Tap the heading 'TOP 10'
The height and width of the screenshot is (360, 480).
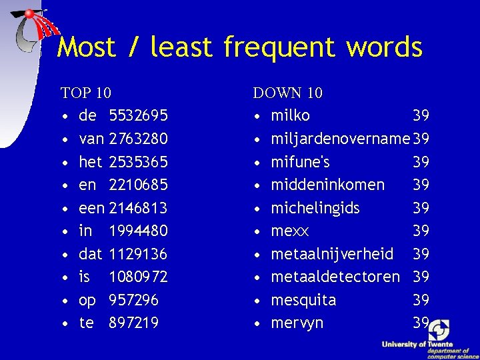[85, 93]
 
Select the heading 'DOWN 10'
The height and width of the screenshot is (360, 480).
[287, 93]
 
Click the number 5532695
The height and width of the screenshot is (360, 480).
[138, 116]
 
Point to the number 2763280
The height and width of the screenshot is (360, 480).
[138, 139]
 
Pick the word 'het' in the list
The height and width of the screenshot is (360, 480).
[90, 162]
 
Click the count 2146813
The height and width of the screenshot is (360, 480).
[138, 208]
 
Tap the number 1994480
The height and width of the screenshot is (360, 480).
[138, 231]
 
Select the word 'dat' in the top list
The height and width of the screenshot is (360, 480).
[90, 254]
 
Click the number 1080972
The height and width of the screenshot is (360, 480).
[138, 277]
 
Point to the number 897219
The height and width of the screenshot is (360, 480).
[134, 323]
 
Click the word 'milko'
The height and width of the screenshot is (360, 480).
[290, 116]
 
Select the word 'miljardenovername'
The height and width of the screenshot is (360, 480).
[340, 139]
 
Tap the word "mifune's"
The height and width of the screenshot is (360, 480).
[300, 162]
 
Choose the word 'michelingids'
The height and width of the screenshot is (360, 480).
[315, 208]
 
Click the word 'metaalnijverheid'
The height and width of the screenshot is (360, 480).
[332, 254]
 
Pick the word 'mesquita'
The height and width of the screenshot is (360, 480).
[303, 300]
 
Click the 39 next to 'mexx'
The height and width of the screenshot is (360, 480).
[421, 231]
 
